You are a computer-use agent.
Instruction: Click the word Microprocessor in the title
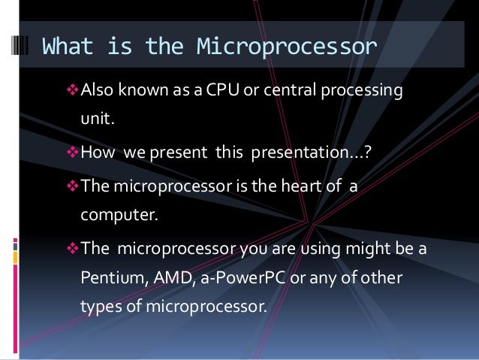point(286,47)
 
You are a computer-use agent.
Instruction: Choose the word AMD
point(171,278)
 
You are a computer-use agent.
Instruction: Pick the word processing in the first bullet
point(361,92)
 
